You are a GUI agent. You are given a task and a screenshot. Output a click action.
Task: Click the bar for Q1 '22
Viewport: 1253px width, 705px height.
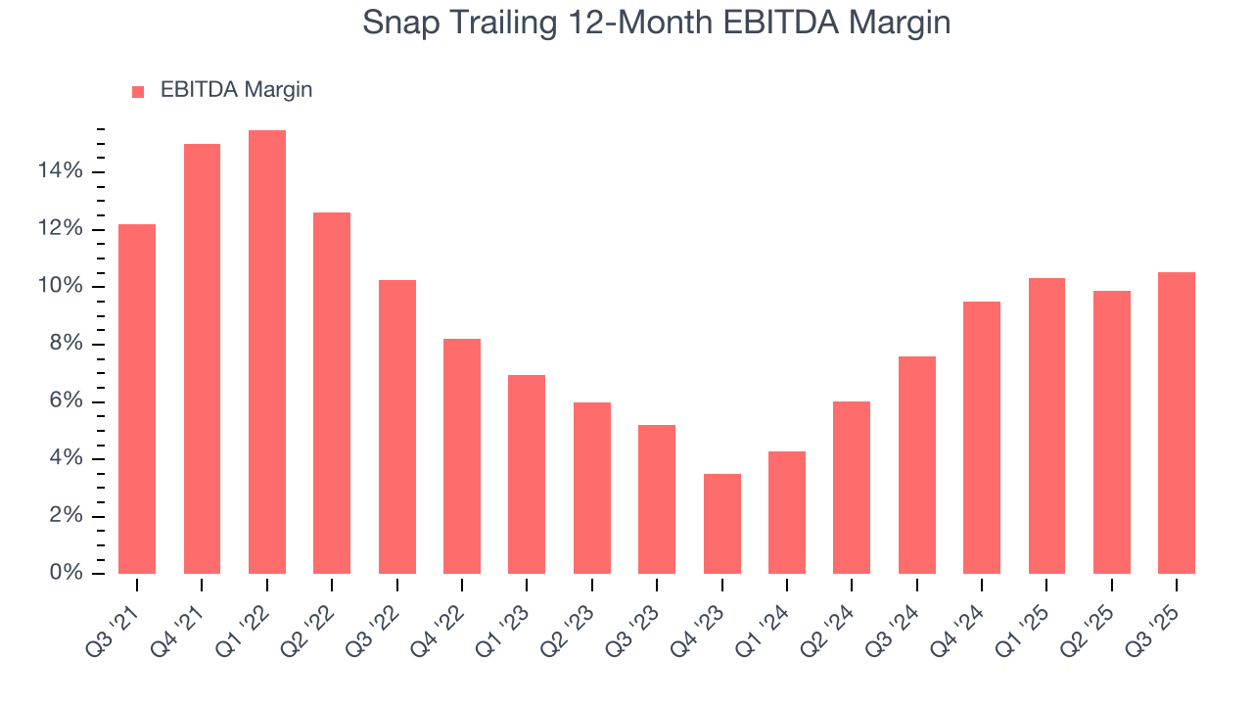[x=267, y=352]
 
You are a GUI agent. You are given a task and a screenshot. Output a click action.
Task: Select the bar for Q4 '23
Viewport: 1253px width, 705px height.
[x=722, y=524]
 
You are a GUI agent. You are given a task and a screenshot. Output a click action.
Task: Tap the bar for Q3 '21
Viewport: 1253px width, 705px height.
[x=137, y=399]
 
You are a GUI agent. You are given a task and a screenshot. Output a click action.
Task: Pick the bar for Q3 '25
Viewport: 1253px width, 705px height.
[x=1177, y=423]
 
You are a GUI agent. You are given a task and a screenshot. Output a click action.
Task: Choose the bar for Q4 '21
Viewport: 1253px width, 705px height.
[x=202, y=358]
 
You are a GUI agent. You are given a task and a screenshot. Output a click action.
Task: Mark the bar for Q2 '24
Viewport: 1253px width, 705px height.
[x=852, y=488]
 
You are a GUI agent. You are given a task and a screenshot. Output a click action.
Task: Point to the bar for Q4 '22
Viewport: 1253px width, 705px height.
[x=462, y=456]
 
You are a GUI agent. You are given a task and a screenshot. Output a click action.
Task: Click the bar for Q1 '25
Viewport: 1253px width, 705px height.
[x=1046, y=426]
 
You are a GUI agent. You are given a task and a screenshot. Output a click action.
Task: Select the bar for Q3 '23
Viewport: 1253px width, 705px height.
[x=657, y=499]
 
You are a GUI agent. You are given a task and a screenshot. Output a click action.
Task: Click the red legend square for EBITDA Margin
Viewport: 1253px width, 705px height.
[x=138, y=91]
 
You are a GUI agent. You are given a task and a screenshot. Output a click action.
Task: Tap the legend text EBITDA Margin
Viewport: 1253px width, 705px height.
[x=236, y=90]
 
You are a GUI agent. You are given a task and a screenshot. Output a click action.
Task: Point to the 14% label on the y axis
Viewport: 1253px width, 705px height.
[x=61, y=172]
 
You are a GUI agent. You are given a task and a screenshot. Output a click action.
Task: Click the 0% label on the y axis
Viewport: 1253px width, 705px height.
[x=67, y=574]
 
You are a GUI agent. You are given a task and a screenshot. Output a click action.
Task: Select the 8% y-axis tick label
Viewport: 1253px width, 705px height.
[x=67, y=345]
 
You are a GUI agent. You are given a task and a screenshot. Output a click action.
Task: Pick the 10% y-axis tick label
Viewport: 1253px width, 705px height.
[x=61, y=287]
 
